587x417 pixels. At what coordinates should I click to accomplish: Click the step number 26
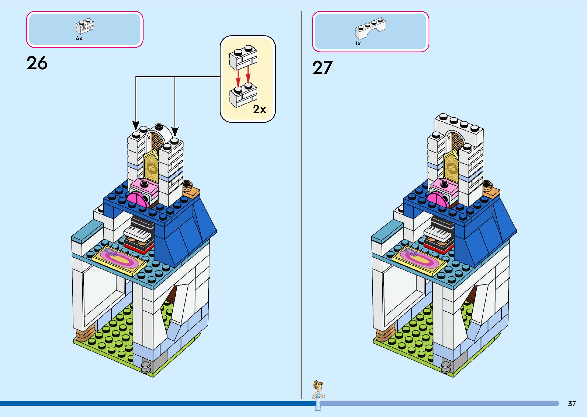37,63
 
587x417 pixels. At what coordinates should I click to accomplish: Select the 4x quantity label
79,38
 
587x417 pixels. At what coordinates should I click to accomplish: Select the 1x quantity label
358,44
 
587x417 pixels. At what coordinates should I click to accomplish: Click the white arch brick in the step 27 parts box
370,28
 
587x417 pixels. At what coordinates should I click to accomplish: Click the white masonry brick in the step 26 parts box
85,26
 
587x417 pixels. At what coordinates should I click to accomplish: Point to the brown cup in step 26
187,184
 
